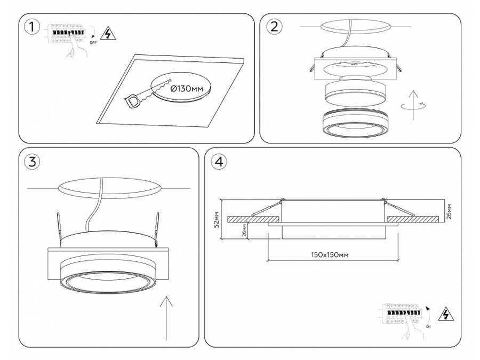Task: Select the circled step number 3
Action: point(33,162)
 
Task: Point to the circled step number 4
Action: point(218,162)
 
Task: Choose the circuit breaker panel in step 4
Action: point(403,314)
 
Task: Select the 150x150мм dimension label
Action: point(330,255)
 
